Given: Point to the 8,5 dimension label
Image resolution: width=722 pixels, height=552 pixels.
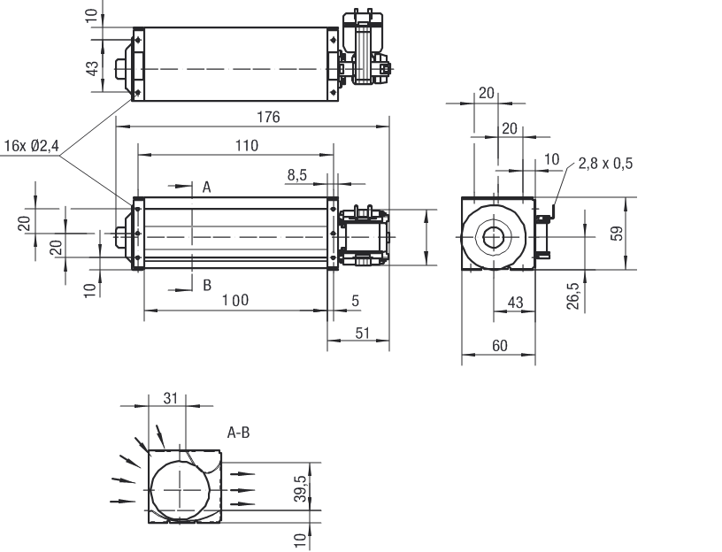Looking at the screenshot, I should [x=296, y=175].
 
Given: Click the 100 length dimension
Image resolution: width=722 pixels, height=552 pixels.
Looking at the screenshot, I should [x=235, y=300].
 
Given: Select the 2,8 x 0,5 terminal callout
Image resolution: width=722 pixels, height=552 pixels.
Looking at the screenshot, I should [x=606, y=164].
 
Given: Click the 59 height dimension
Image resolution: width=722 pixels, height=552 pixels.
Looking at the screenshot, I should [x=618, y=234].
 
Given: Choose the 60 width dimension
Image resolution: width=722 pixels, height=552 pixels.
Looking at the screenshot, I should [x=499, y=346].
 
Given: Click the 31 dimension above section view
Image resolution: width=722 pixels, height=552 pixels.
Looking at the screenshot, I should [x=171, y=398].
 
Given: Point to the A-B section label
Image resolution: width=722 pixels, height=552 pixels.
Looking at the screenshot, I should [x=239, y=433].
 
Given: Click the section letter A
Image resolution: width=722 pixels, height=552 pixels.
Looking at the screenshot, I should [x=206, y=187].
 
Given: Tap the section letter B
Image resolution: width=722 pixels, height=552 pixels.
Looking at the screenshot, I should [x=206, y=285].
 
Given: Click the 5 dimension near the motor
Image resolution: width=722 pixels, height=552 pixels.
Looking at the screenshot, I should [x=355, y=301].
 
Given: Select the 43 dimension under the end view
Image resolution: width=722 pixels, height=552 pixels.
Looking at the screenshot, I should [x=516, y=303].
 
